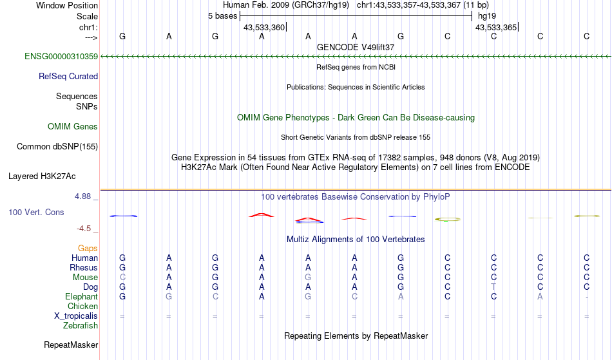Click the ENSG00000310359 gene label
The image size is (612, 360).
pyautogui.click(x=61, y=57)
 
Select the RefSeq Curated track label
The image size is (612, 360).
pyautogui.click(x=68, y=77)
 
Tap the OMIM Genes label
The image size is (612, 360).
pyautogui.click(x=72, y=126)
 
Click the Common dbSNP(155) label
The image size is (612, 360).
pyautogui.click(x=57, y=147)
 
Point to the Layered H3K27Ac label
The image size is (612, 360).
pyautogui.click(x=42, y=176)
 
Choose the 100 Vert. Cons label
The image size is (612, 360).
pyautogui.click(x=36, y=212)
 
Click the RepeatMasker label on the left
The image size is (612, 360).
pyautogui.click(x=71, y=345)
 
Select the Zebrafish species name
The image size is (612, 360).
pyautogui.click(x=81, y=326)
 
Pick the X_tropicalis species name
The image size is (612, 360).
pyautogui.click(x=76, y=316)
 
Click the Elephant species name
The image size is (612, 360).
pyautogui.click(x=81, y=297)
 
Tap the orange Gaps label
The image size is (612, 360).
pyautogui.click(x=88, y=249)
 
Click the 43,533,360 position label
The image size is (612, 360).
pyautogui.click(x=264, y=28)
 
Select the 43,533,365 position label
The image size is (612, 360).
pyautogui.click(x=496, y=28)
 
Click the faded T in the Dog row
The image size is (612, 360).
pyautogui.click(x=493, y=287)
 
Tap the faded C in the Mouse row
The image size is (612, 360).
pyautogui.click(x=122, y=278)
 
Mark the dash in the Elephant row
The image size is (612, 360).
pyautogui.click(x=587, y=297)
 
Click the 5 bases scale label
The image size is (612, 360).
pyautogui.click(x=222, y=16)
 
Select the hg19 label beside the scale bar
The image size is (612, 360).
pyautogui.click(x=487, y=16)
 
